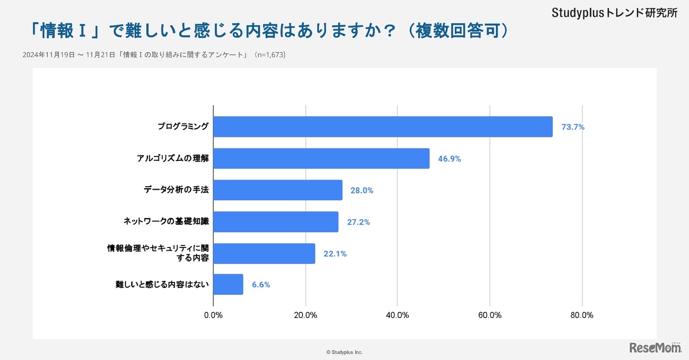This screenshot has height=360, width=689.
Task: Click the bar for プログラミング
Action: pyautogui.click(x=383, y=126)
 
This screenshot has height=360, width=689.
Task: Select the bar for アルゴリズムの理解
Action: pyautogui.click(x=321, y=158)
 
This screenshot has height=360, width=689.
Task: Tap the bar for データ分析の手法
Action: pyautogui.click(x=278, y=190)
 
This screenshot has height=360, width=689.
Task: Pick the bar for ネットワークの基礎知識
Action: pyautogui.click(x=276, y=222)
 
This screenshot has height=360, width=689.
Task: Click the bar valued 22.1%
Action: pyautogui.click(x=264, y=253)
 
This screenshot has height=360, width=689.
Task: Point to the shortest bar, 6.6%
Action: pyautogui.click(x=228, y=284)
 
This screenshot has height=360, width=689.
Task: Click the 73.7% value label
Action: pyautogui.click(x=573, y=127)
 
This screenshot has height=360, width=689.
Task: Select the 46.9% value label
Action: pyautogui.click(x=449, y=159)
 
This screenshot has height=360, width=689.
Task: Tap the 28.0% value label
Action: pyautogui.click(x=362, y=190)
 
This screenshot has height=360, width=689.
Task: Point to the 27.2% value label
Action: pyautogui.click(x=358, y=222)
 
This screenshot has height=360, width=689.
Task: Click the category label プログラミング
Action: pyautogui.click(x=183, y=126)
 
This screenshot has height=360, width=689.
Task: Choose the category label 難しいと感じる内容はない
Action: pyautogui.click(x=162, y=284)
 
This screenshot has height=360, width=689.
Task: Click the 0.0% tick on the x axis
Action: pyautogui.click(x=214, y=315)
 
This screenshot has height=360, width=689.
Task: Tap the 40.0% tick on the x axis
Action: pyautogui.click(x=397, y=315)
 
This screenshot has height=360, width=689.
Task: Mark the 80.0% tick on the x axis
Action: pyautogui.click(x=581, y=315)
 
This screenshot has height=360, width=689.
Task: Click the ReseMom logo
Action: pyautogui.click(x=655, y=348)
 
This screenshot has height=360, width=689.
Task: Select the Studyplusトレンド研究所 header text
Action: pyautogui.click(x=614, y=13)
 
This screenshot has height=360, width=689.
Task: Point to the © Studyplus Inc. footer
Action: pyautogui.click(x=344, y=352)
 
